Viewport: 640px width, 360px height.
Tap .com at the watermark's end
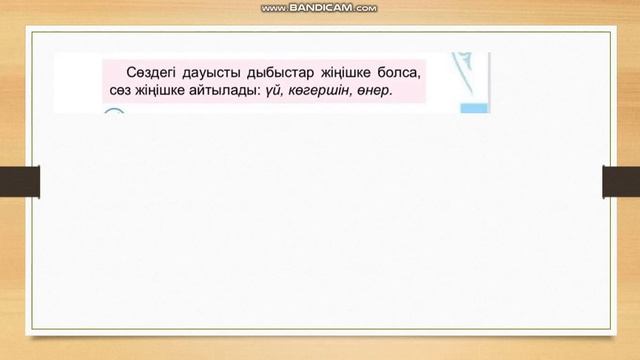(366, 8)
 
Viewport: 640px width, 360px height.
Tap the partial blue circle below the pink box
(114, 113)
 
